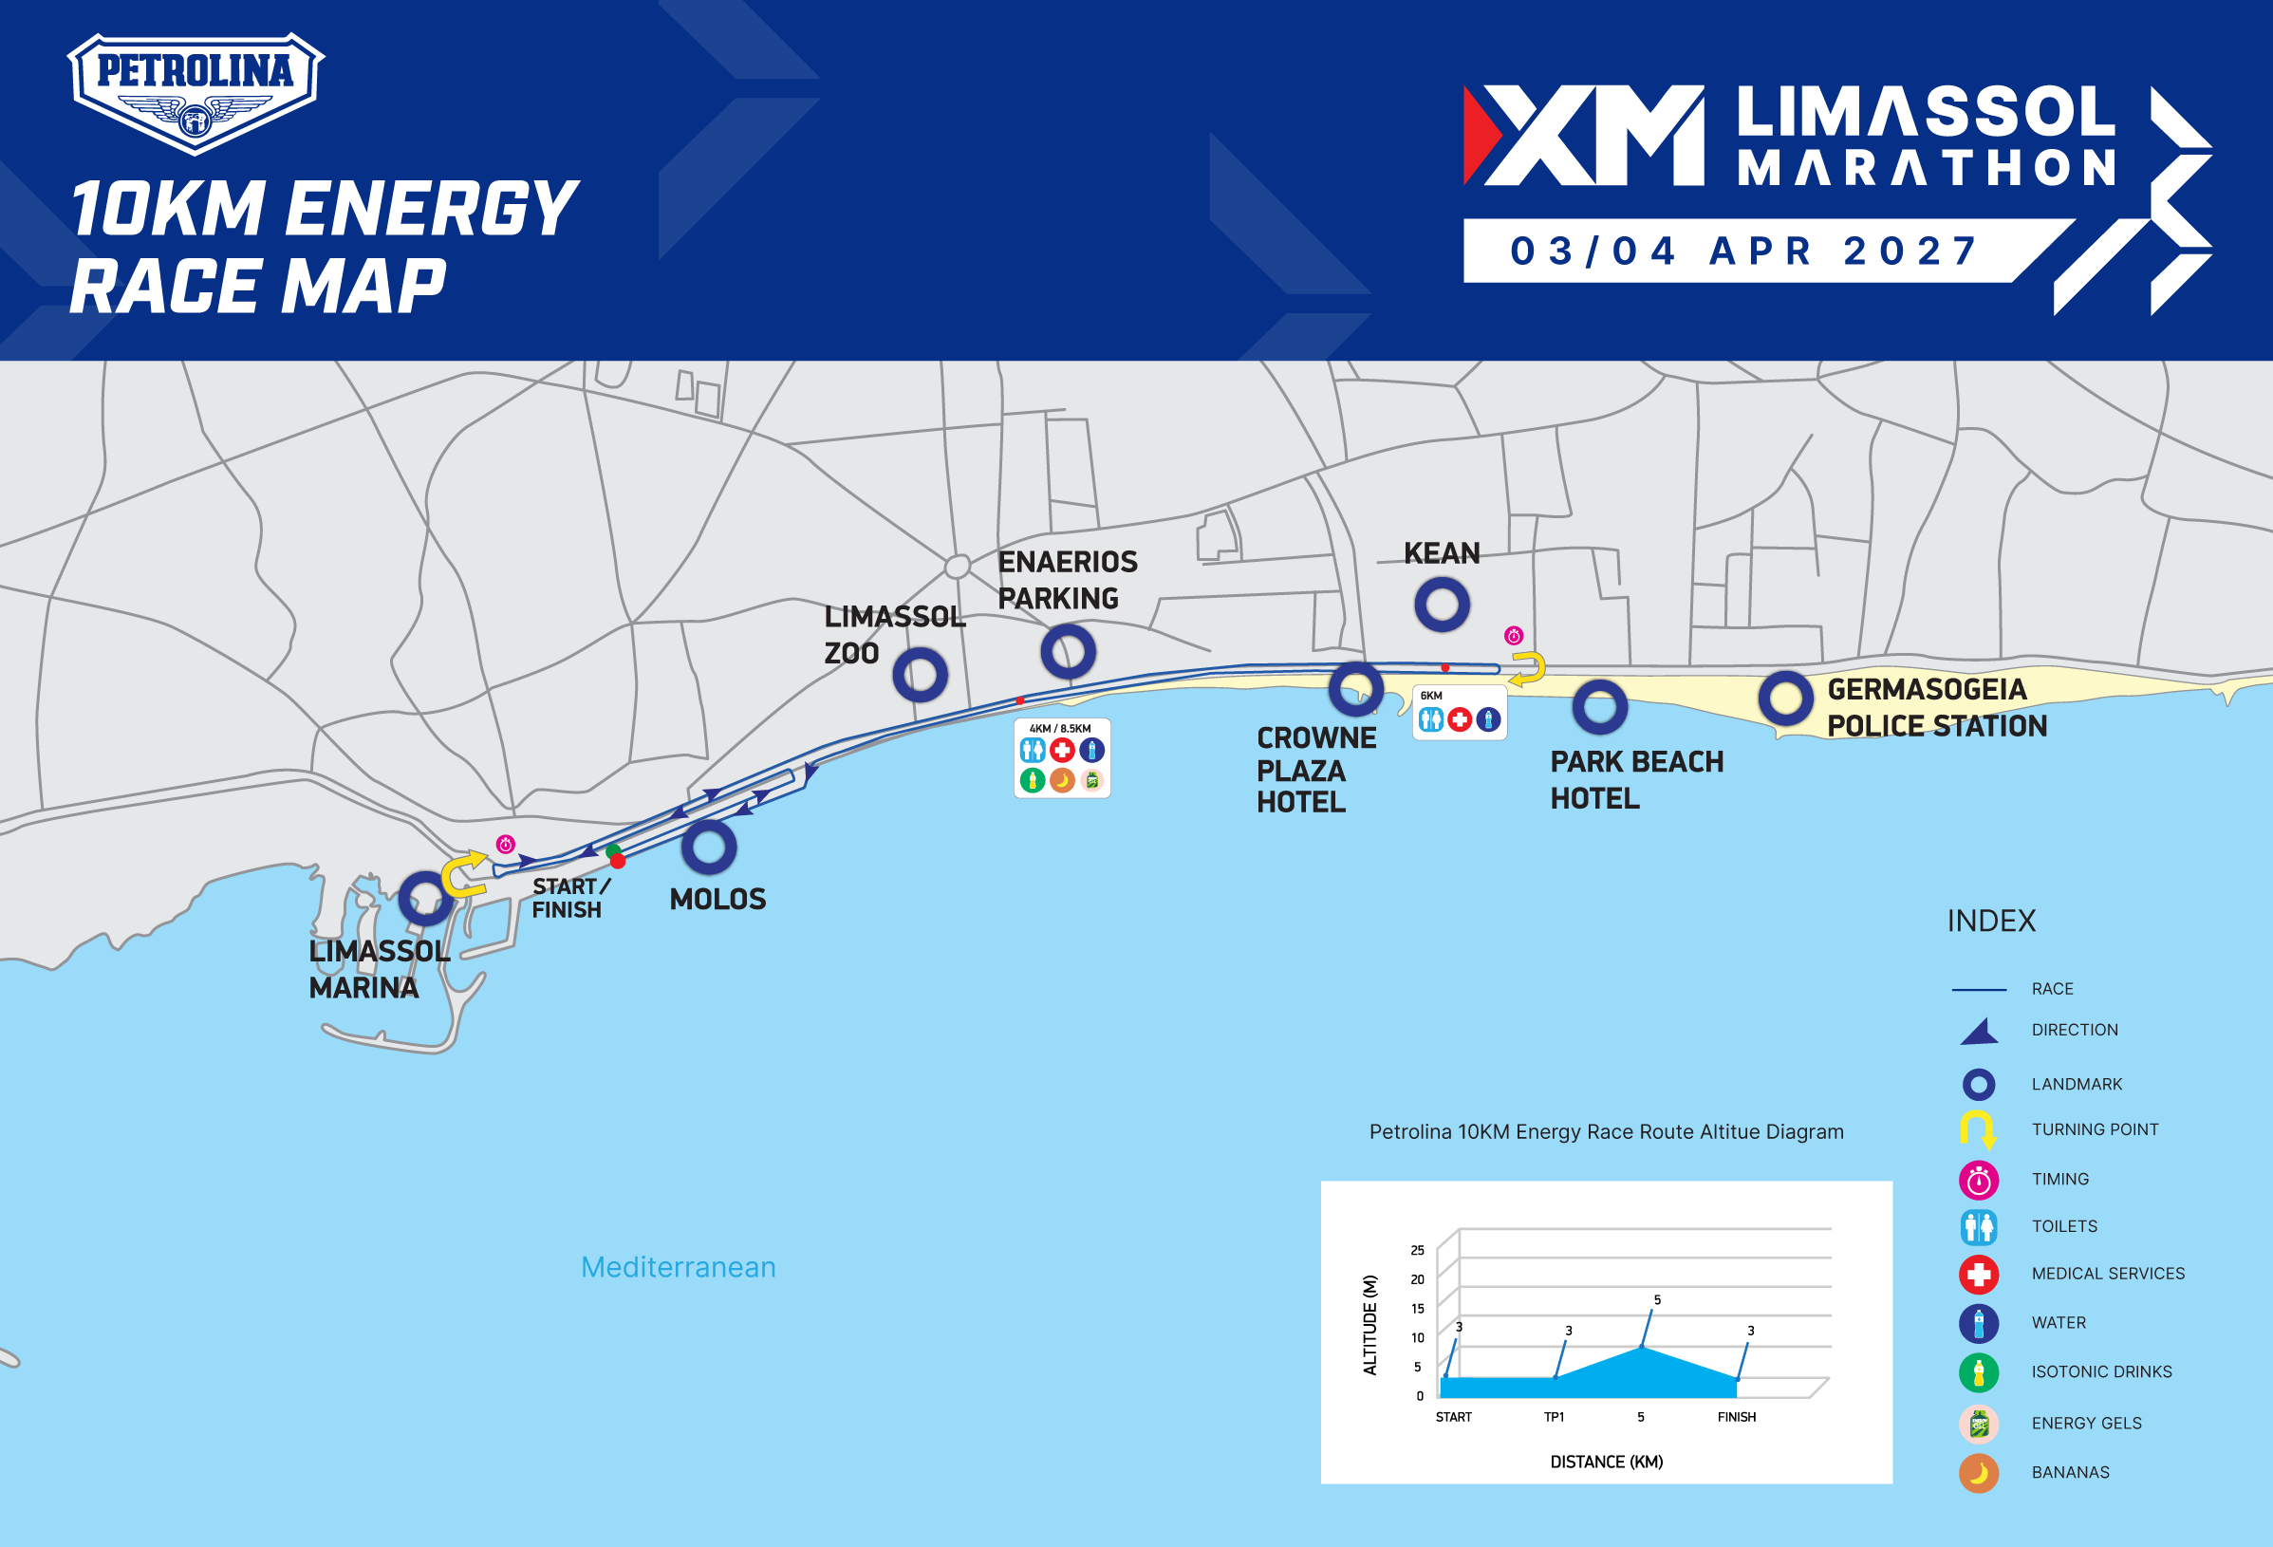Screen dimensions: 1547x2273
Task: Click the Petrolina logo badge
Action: [x=196, y=93]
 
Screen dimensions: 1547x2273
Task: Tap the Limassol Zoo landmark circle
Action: [x=920, y=675]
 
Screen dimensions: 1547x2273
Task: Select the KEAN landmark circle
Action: [x=1442, y=605]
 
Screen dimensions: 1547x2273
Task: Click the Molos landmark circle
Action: [x=709, y=847]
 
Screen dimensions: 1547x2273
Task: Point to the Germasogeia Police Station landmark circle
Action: [x=1786, y=699]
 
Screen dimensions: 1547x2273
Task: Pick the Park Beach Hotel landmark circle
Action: [x=1600, y=707]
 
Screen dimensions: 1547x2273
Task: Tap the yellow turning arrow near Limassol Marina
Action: [x=463, y=874]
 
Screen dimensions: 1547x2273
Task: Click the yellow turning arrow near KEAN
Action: [x=1528, y=669]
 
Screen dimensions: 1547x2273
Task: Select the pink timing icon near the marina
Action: [x=506, y=844]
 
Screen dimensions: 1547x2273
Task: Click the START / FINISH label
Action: [x=570, y=898]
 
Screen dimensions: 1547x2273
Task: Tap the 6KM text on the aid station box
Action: [x=1431, y=697]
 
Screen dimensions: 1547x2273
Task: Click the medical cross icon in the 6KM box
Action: [x=1460, y=719]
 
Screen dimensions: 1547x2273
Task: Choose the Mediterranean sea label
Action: [x=678, y=1267]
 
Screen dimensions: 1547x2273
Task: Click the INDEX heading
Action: [x=1991, y=922]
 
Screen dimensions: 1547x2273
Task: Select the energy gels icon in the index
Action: [x=1979, y=1424]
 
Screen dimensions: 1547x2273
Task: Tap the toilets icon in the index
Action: [x=1979, y=1226]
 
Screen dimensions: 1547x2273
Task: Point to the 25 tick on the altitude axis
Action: [x=1417, y=1251]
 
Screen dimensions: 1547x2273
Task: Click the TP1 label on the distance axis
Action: [x=1555, y=1417]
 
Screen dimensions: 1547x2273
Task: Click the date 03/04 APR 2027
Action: [x=1745, y=252]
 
